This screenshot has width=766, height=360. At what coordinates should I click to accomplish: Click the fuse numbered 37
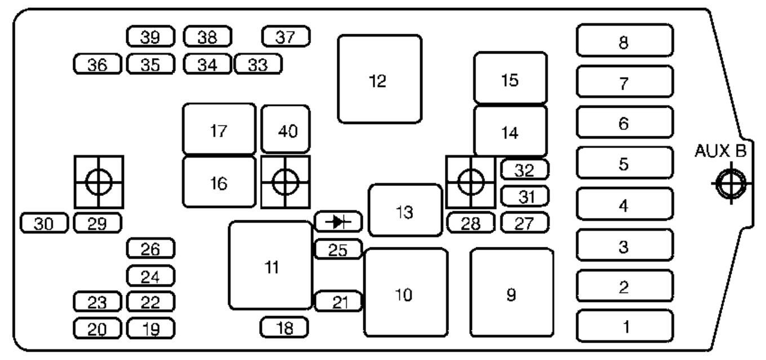(x=287, y=37)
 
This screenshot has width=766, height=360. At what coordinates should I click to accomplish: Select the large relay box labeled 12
(x=380, y=79)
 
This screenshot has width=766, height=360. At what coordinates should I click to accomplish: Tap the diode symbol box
(x=338, y=222)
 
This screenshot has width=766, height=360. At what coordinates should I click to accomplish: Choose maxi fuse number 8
(x=625, y=41)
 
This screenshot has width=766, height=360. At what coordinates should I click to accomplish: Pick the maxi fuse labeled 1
(x=625, y=326)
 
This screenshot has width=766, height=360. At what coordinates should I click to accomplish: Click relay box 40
(x=286, y=130)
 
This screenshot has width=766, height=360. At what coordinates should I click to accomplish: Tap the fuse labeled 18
(x=284, y=327)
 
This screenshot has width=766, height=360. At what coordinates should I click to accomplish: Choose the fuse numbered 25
(x=338, y=250)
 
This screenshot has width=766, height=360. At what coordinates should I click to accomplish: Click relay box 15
(x=510, y=79)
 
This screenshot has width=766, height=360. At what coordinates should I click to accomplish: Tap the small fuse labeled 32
(x=524, y=170)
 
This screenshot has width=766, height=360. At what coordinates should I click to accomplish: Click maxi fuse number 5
(x=625, y=163)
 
